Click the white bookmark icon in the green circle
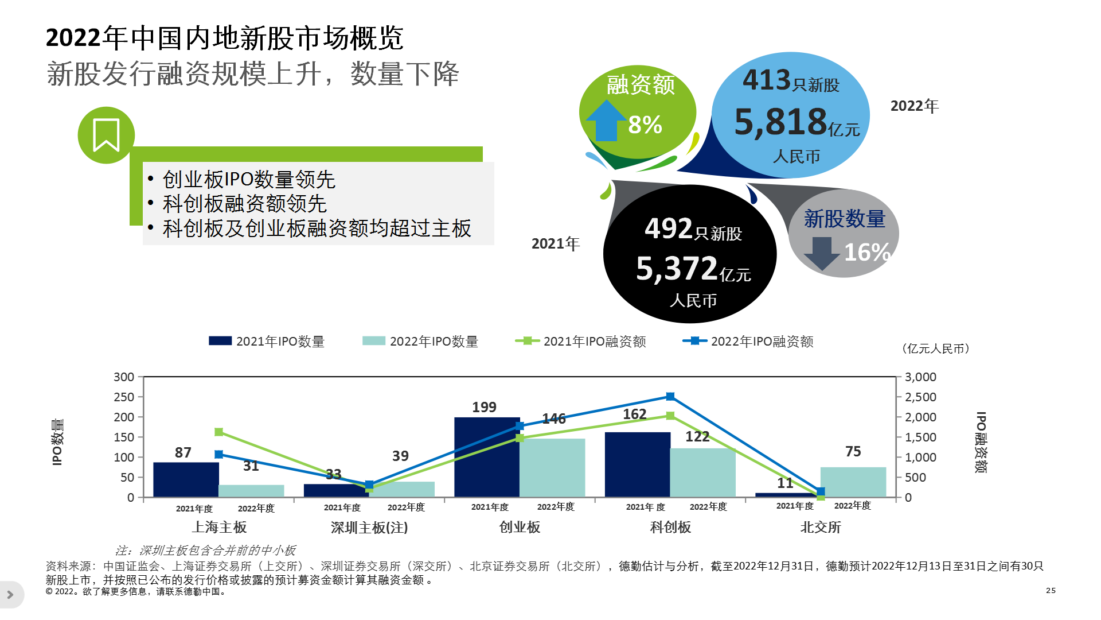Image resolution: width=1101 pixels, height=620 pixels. click(x=106, y=135)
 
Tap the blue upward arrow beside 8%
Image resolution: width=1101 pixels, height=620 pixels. click(x=606, y=121)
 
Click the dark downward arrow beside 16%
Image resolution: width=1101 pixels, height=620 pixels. click(x=821, y=253)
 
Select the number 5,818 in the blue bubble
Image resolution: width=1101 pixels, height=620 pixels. click(x=780, y=122)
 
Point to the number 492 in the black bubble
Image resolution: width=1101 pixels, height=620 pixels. click(x=669, y=228)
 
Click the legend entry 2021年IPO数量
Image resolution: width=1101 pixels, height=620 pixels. click(x=267, y=342)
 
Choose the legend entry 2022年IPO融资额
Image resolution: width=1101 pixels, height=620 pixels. click(x=748, y=342)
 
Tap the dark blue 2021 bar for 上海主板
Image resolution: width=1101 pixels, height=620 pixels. click(x=186, y=479)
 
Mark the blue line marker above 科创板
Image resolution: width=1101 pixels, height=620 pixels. click(x=670, y=397)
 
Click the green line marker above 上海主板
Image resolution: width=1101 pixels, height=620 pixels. click(x=218, y=432)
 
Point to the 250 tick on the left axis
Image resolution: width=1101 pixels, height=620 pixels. click(x=124, y=397)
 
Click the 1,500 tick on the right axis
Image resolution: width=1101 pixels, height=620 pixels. click(x=920, y=437)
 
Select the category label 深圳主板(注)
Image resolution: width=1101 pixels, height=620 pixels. click(x=369, y=527)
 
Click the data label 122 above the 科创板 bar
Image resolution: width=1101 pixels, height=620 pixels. click(x=697, y=437)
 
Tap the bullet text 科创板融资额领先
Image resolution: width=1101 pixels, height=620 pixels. click(x=244, y=204)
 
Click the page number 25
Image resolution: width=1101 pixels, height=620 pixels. click(x=1051, y=590)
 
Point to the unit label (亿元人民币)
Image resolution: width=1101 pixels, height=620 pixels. click(x=935, y=348)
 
